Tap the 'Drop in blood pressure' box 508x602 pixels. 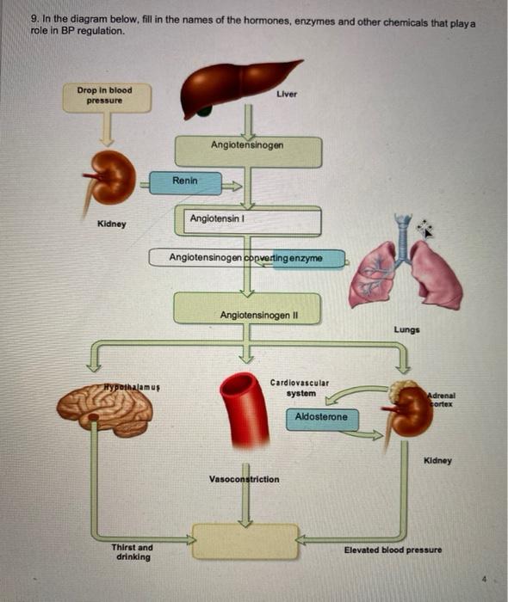(107, 98)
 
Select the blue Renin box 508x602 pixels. (185, 183)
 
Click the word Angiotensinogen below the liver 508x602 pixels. (247, 145)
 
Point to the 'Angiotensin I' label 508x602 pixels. (217, 218)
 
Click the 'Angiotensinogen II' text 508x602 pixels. (259, 316)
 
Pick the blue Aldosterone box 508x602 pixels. (322, 420)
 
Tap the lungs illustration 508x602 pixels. (406, 265)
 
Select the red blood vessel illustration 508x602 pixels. (245, 409)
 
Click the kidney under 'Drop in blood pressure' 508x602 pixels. (109, 181)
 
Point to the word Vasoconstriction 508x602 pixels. (244, 479)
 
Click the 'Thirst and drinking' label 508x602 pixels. (133, 552)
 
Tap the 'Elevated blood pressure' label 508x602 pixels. (393, 550)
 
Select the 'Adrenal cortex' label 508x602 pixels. (442, 400)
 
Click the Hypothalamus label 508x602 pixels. (132, 387)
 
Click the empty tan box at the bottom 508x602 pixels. (245, 541)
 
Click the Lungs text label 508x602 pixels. (407, 329)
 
